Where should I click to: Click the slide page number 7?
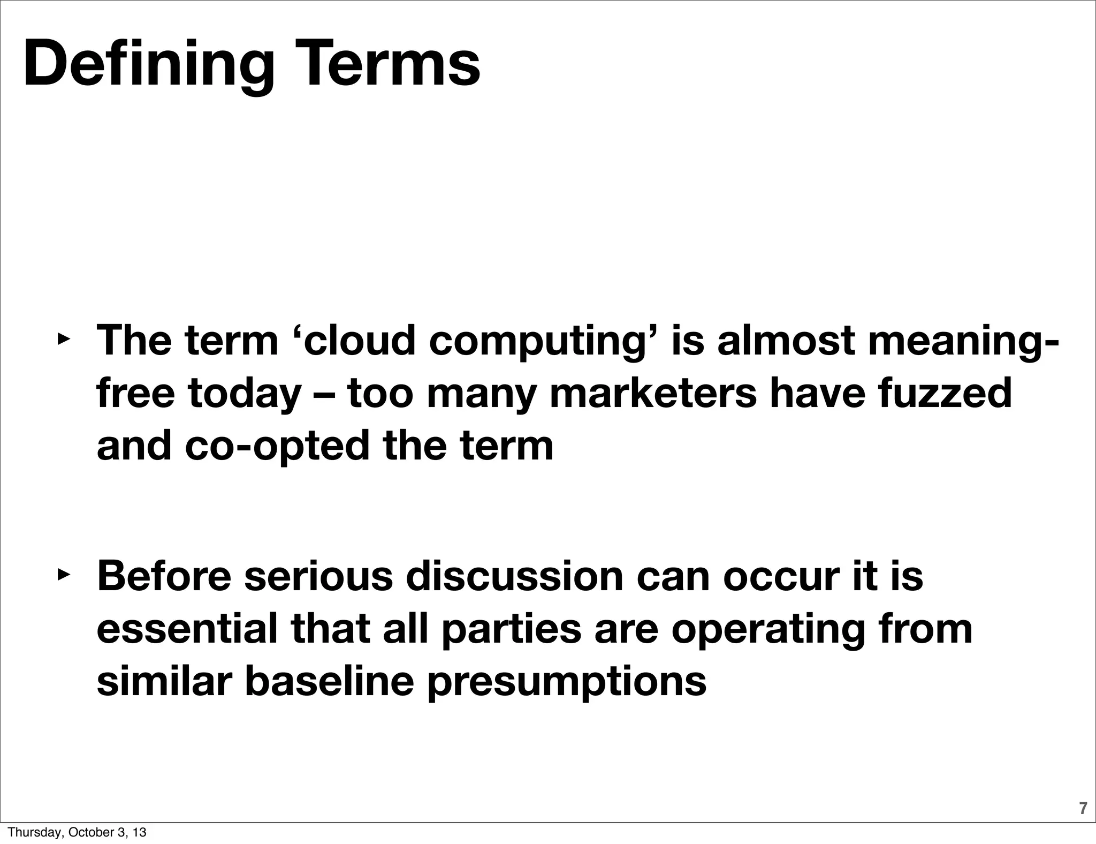point(1083,808)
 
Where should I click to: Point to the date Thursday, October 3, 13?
point(77,833)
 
